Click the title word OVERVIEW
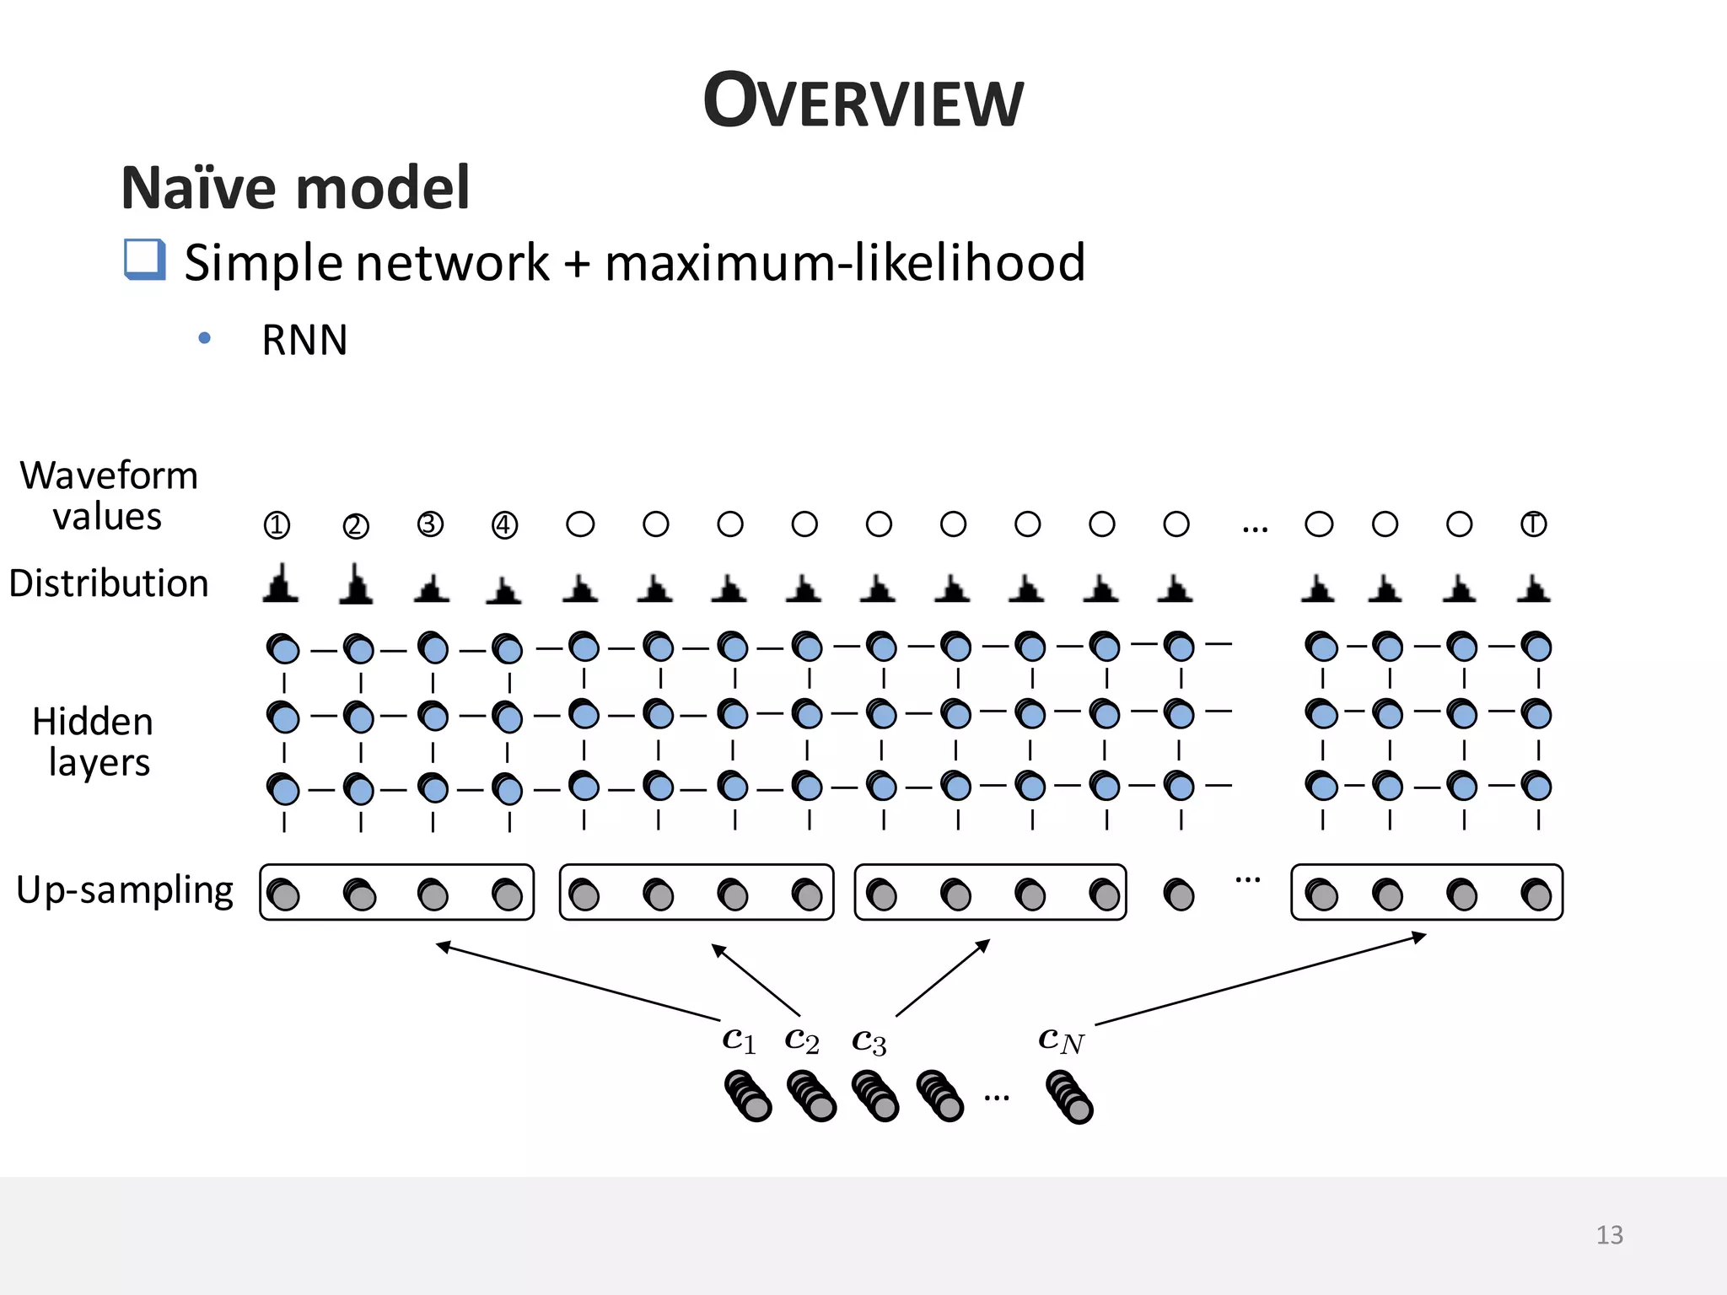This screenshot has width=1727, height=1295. point(863,101)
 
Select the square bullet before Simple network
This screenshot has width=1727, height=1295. point(144,259)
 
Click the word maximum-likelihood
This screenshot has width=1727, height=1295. point(844,262)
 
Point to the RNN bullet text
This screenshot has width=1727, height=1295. point(304,341)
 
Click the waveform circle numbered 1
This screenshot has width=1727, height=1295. point(277,525)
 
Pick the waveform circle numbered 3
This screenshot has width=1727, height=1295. point(430,524)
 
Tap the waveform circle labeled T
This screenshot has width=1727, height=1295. point(1533,524)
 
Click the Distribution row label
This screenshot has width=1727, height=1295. point(109,583)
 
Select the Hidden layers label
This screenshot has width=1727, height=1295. point(94,742)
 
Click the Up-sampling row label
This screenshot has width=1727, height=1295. point(125,890)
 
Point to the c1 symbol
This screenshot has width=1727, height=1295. point(739,1040)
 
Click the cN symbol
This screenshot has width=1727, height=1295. point(1061,1040)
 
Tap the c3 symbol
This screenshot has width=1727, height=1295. point(869,1041)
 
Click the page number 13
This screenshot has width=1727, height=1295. point(1609,1235)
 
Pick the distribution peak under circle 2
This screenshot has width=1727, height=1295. point(356,585)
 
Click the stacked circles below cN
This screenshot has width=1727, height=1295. point(1069,1097)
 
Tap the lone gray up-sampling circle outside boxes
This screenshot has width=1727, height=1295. point(1178,895)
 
